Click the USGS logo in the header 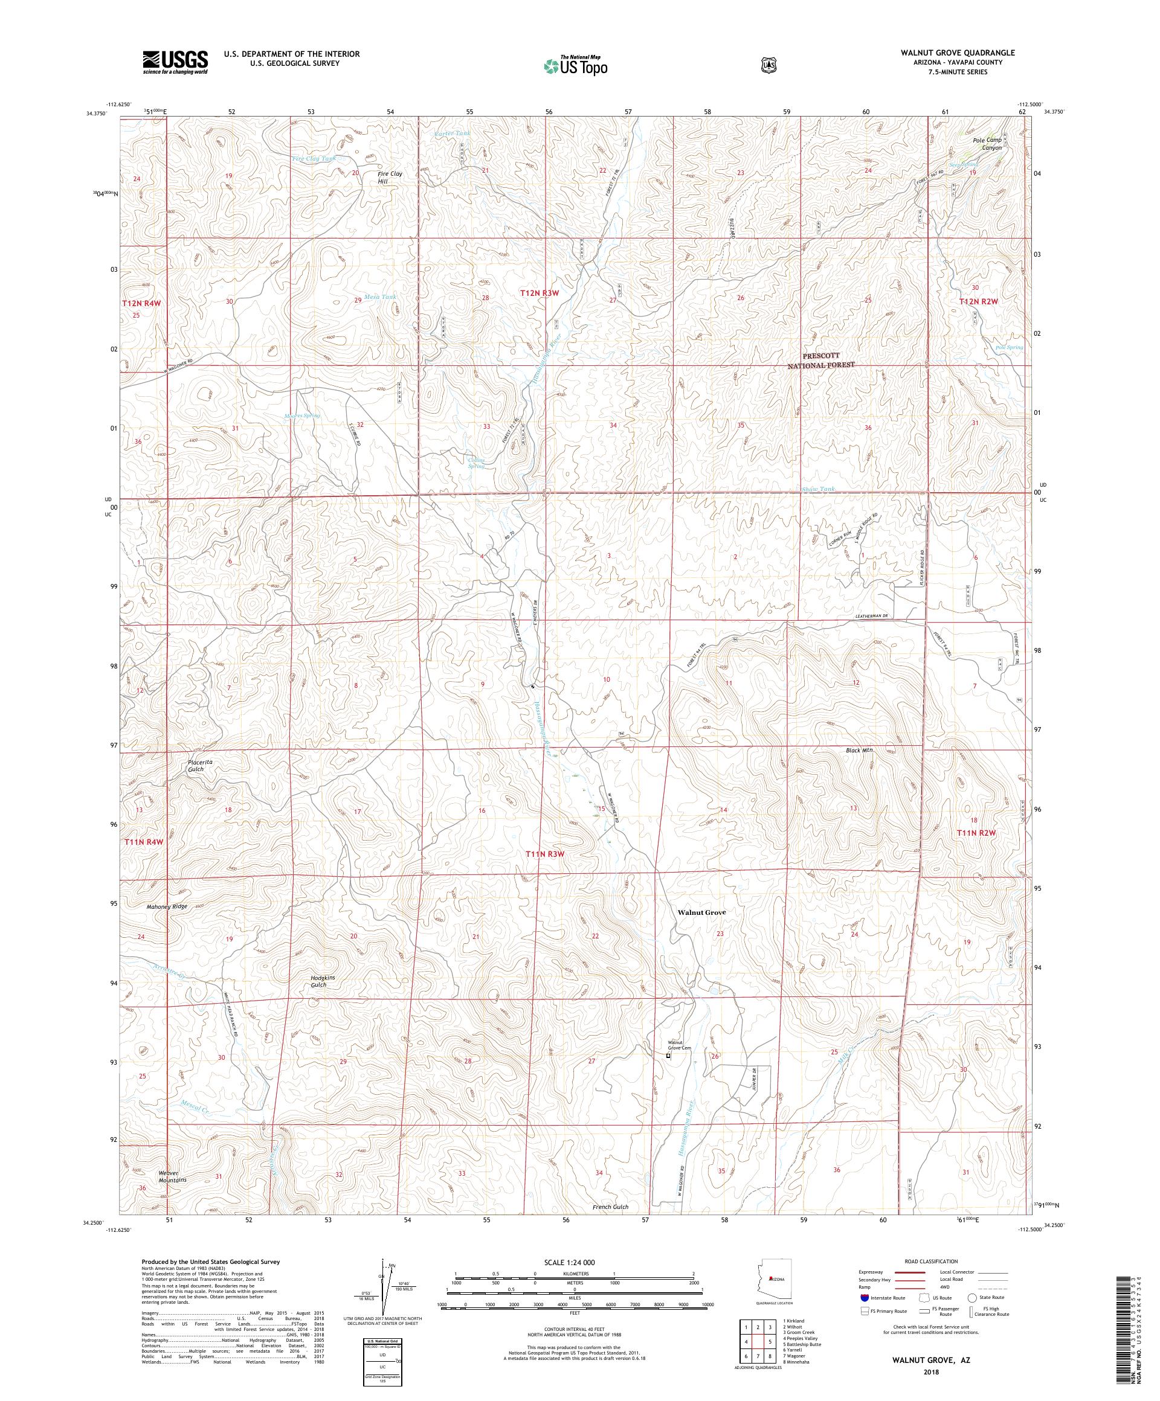174,63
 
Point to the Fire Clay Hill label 390,178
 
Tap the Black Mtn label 859,750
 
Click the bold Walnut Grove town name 701,912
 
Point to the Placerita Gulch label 190,765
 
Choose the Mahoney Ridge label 167,906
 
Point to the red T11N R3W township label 546,854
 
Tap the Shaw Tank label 817,489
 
